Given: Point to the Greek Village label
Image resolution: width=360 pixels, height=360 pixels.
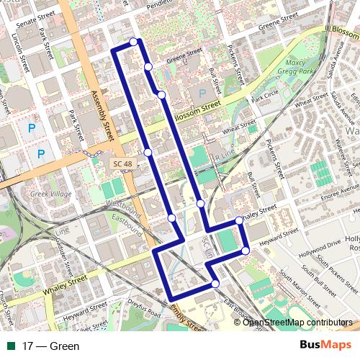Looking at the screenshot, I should pos(48,194).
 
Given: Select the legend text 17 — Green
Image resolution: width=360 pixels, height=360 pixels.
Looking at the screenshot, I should pos(50,346).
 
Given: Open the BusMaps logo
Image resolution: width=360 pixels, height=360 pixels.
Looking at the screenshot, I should pos(325,345).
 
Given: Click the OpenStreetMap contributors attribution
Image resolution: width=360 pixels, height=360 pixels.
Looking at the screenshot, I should pos(297,322).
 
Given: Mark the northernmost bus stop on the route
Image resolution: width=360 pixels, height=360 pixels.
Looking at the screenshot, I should pos(134,42).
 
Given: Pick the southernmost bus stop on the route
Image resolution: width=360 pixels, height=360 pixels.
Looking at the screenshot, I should pos(215,284).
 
